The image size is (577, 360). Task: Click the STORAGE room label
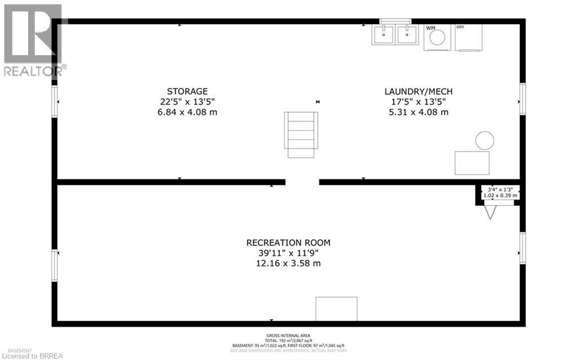point(187,91)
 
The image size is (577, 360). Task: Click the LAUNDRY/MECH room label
point(418,91)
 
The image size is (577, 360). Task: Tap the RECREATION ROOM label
point(288,243)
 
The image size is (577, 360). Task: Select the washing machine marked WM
point(437,38)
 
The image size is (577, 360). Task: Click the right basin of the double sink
point(406,35)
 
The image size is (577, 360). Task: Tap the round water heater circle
point(484,140)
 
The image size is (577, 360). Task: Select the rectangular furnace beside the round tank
point(472,163)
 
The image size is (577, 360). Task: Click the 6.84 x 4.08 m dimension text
point(188,112)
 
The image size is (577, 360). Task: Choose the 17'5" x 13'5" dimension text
point(418,102)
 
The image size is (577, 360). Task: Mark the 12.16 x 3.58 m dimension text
point(288,263)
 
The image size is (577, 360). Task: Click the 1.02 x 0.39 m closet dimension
point(500,195)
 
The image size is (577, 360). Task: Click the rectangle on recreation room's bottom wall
point(336,309)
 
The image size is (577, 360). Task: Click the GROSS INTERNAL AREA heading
point(288,336)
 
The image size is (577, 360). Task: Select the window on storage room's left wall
point(55,101)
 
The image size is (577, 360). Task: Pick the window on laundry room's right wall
point(522,99)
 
